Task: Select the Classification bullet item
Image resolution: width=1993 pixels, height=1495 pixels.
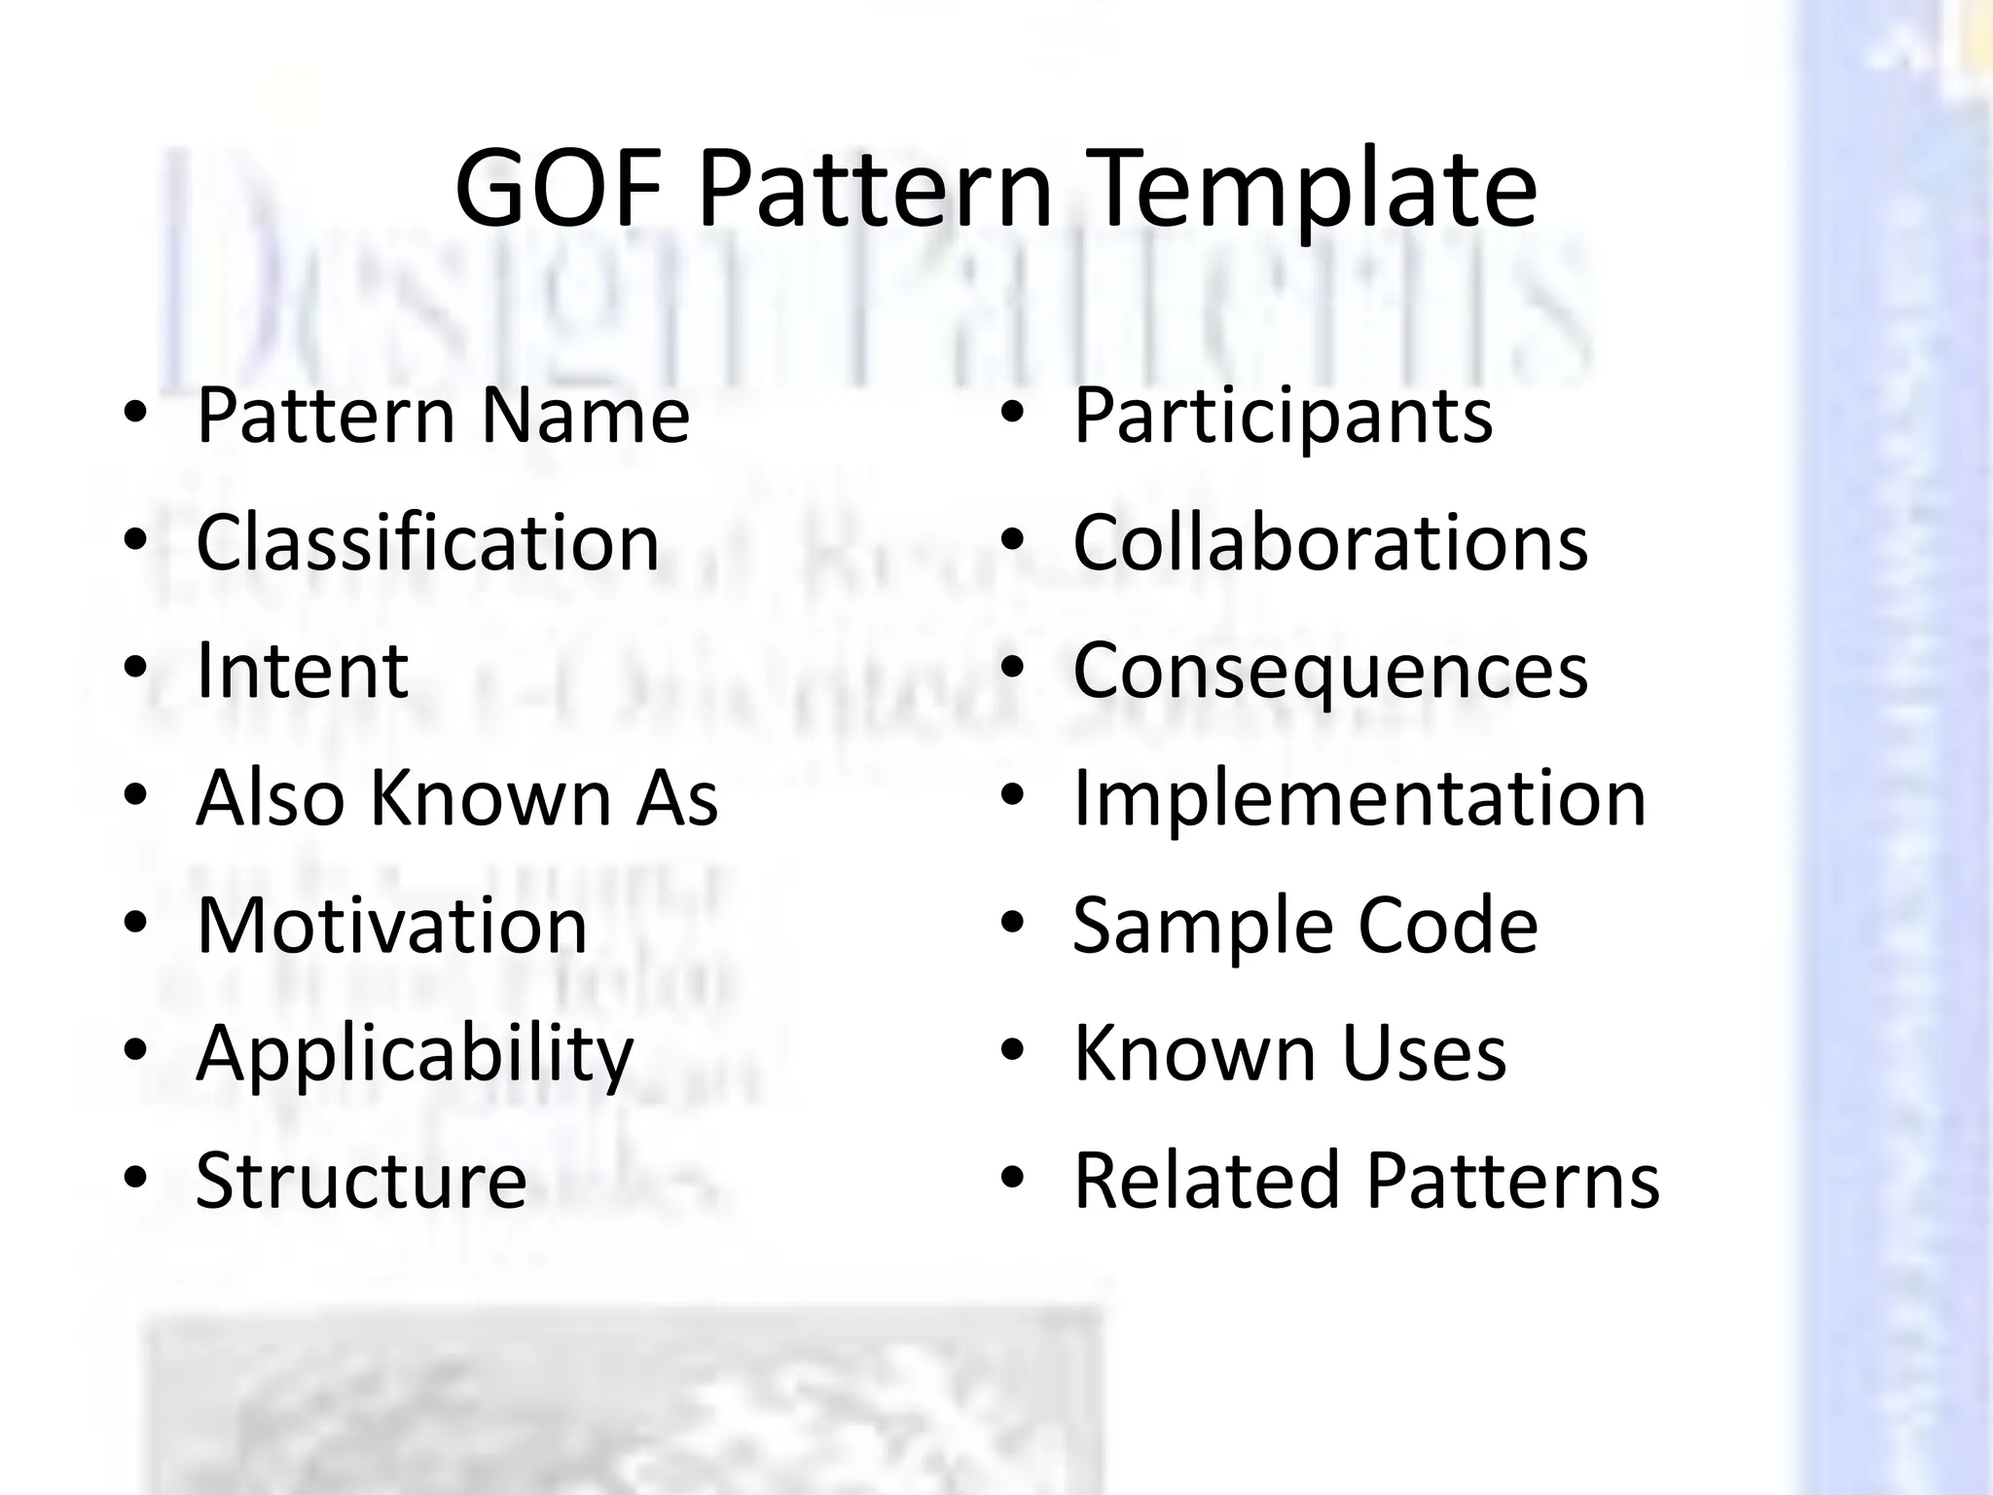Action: (427, 542)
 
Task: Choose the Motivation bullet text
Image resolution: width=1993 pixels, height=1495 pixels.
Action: (391, 925)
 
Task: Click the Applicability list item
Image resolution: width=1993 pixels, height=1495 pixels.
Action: (415, 1053)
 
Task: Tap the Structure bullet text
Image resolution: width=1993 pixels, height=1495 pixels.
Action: (361, 1180)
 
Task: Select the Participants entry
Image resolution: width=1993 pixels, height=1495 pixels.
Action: (1283, 416)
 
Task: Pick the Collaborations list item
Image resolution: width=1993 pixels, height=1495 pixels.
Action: (1330, 542)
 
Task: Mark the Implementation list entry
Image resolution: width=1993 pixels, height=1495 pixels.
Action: (1359, 797)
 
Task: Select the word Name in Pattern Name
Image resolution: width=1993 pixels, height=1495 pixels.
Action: (585, 416)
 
